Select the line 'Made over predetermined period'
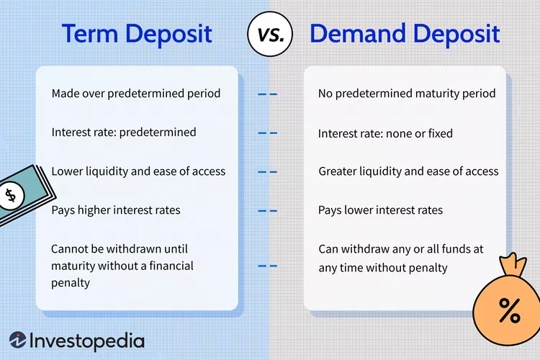[136, 94]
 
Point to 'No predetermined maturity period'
[407, 94]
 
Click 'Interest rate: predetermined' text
[124, 132]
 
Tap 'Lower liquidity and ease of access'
[138, 171]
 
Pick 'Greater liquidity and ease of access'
[408, 171]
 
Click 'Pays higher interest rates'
[116, 210]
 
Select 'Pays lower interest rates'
[380, 210]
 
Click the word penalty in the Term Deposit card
[71, 283]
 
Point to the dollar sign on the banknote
[10, 195]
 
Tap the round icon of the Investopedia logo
[19, 341]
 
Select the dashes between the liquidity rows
[267, 172]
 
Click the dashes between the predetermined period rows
[267, 94]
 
